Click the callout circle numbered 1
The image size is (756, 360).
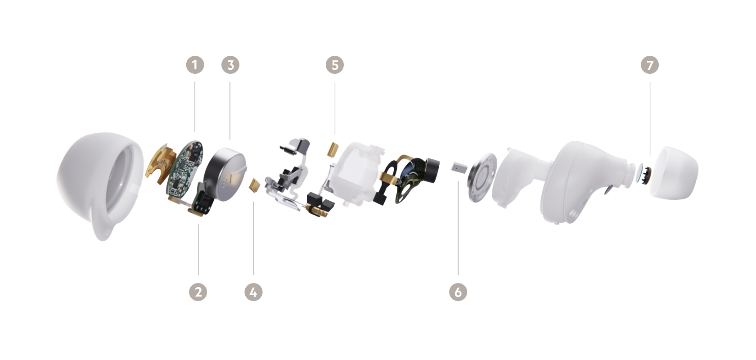tap(195, 65)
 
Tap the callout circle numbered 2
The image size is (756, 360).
tap(198, 292)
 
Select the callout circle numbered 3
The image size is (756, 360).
tap(230, 65)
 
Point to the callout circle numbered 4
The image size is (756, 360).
tap(253, 292)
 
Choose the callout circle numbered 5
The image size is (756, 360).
tap(335, 65)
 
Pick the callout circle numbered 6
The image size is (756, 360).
tap(458, 292)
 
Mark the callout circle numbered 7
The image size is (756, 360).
tap(650, 65)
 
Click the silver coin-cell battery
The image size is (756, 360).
tap(225, 175)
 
